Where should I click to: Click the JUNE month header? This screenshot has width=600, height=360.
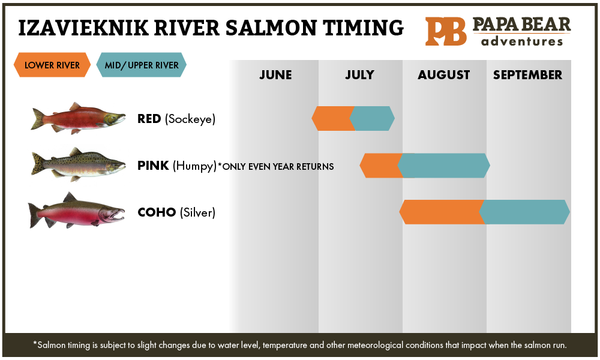[275, 75]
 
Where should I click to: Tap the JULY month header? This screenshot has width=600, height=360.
[359, 75]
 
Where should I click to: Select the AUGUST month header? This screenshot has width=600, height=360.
[444, 75]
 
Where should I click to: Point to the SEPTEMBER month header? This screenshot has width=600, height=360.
[528, 75]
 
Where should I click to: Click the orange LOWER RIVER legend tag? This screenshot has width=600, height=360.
[52, 65]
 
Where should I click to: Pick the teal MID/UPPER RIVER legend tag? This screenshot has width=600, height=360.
[141, 65]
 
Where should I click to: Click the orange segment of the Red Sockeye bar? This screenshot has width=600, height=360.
[332, 118]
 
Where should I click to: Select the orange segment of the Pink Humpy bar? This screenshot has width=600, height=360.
[379, 166]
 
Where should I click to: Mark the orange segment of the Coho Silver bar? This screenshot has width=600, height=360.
[441, 212]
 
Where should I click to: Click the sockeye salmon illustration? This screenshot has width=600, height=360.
[78, 118]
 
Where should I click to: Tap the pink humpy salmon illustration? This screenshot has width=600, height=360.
[78, 164]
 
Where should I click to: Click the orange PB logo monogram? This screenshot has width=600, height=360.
[446, 31]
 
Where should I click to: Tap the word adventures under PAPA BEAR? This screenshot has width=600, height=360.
[522, 41]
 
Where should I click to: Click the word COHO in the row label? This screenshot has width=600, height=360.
[157, 212]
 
